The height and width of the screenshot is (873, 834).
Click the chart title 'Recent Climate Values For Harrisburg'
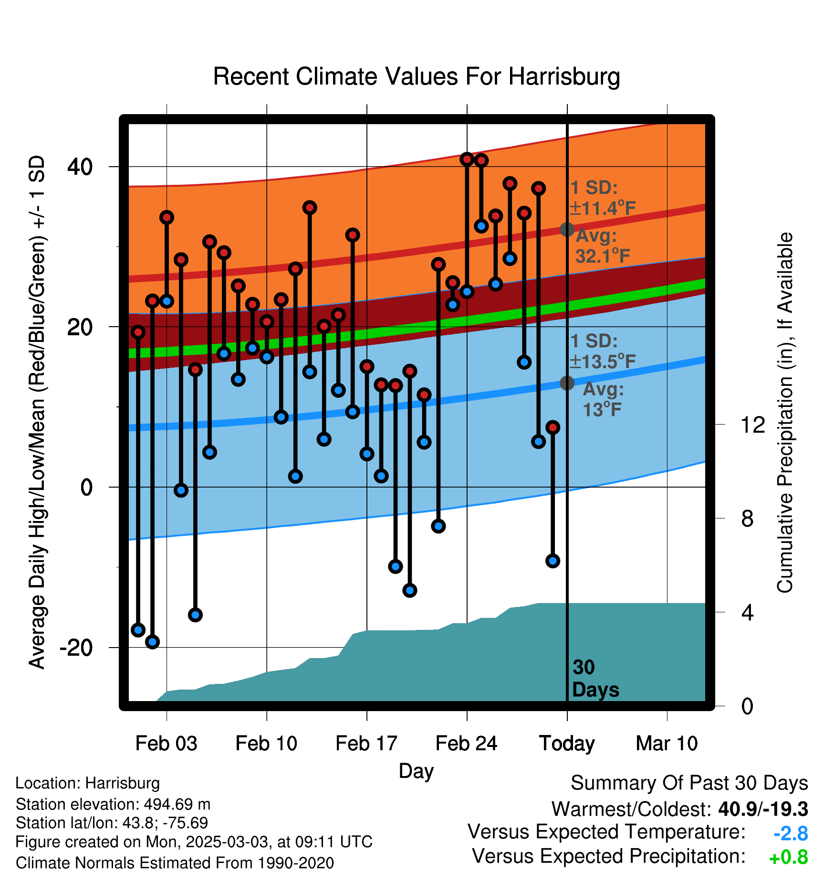tap(417, 76)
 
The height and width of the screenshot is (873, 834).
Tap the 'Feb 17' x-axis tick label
tap(366, 743)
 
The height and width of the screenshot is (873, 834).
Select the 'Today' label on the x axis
tap(567, 744)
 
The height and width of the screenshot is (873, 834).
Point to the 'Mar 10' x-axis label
tap(667, 743)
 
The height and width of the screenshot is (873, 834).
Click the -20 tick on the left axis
tap(76, 648)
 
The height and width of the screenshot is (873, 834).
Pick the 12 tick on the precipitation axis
tap(753, 425)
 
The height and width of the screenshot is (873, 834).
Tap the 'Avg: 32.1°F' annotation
tap(603, 246)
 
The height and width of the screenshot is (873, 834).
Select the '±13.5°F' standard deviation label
tap(603, 362)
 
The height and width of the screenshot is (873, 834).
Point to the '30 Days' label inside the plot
tap(595, 679)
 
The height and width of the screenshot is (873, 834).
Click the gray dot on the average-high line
tap(567, 230)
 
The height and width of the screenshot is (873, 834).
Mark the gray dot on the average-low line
tap(567, 383)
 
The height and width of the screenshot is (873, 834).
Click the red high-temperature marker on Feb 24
tap(467, 159)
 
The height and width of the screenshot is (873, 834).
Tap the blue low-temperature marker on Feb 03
tap(167, 301)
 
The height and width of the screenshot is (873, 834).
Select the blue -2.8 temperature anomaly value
tap(791, 834)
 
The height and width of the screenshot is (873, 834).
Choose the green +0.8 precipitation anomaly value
tap(789, 858)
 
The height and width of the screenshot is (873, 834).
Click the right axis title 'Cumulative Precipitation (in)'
tap(785, 413)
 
